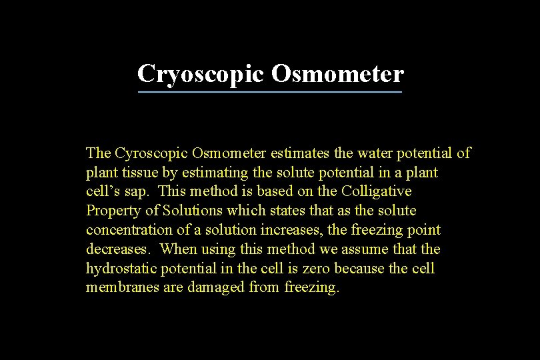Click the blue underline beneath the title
[x=269, y=92]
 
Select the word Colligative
[x=377, y=191]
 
